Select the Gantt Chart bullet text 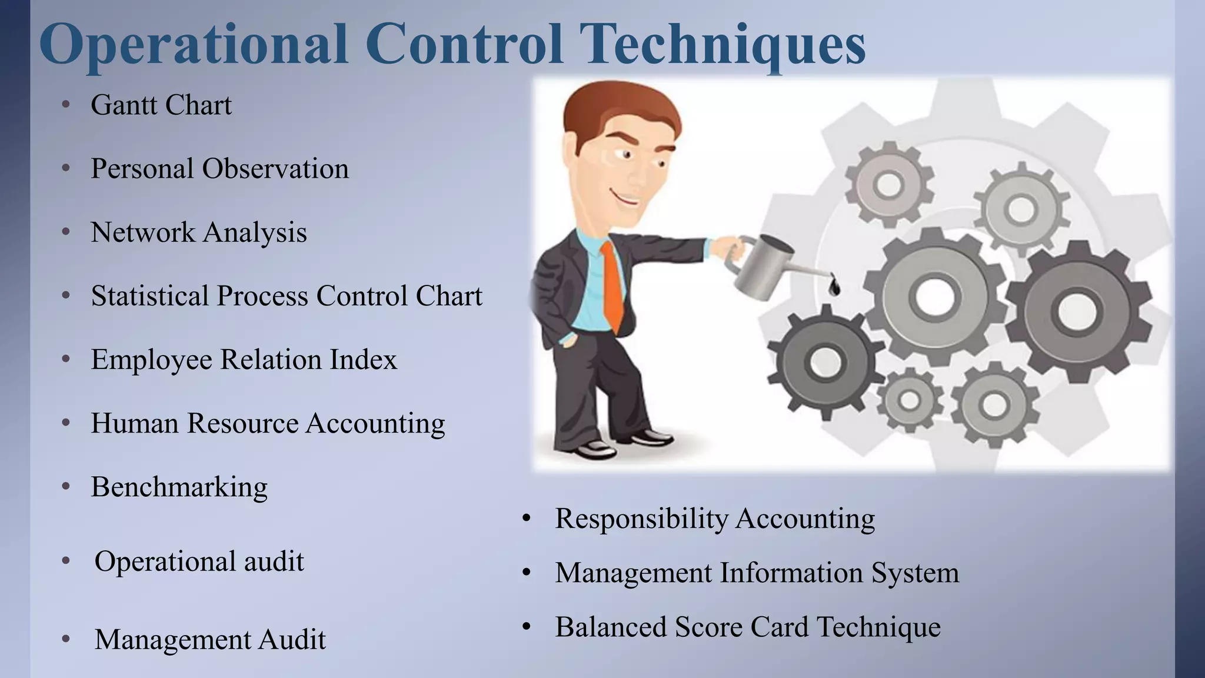tap(161, 105)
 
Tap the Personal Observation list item tap(219, 169)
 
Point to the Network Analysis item tap(199, 232)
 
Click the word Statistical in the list tap(149, 296)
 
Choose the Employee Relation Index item tap(244, 360)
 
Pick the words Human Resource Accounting tap(268, 423)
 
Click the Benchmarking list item tap(179, 487)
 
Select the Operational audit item tap(199, 561)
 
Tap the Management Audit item tap(210, 640)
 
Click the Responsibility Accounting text tap(715, 519)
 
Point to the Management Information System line tap(757, 573)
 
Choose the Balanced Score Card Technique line tap(748, 627)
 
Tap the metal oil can tap(763, 265)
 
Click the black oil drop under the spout tap(834, 287)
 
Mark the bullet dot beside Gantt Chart tap(66, 105)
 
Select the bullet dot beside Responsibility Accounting tap(527, 519)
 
